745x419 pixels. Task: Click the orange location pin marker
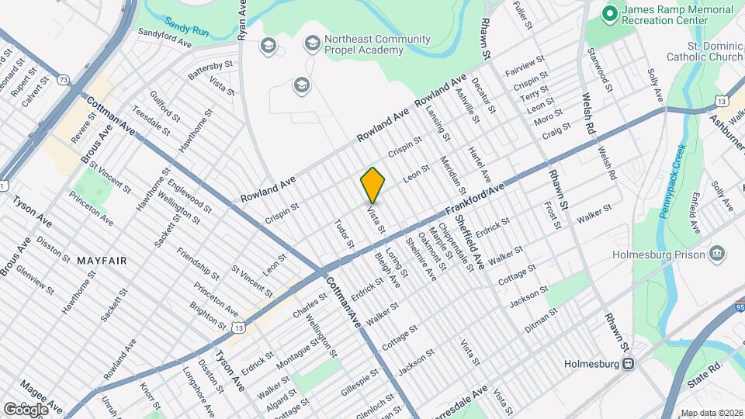373,185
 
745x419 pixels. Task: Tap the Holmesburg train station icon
629,363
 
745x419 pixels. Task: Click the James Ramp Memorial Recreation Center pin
610,13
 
